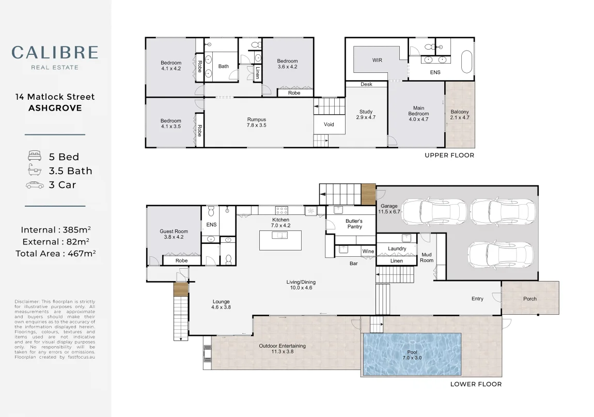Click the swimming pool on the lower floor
[x=412, y=354]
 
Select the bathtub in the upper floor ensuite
[x=467, y=61]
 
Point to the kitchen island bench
[x=280, y=240]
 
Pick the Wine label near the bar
[x=368, y=251]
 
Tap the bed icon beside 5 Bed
[x=35, y=156]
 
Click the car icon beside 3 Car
[x=35, y=185]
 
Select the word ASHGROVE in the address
[x=55, y=108]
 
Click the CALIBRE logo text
[x=55, y=52]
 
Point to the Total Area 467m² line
[x=55, y=254]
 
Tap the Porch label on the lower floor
[x=529, y=299]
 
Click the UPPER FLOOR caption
[x=449, y=155]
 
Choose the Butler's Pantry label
[x=354, y=224]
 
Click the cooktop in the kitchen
[x=281, y=210]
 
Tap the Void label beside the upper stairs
[x=329, y=125]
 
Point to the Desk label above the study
[x=366, y=84]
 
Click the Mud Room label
[x=427, y=257]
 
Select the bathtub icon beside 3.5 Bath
[x=35, y=170]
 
